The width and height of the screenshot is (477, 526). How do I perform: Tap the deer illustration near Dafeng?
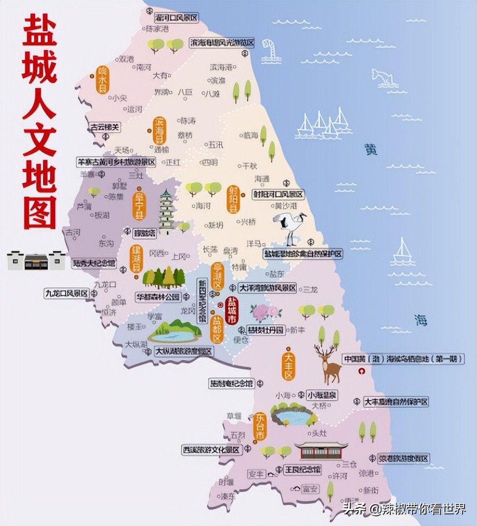[328, 364]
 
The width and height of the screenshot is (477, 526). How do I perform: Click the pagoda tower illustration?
[166, 212]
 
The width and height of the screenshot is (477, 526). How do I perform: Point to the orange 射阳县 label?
[234, 198]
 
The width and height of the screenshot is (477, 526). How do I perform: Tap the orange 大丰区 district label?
[288, 366]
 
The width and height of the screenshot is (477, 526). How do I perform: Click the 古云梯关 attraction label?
[104, 127]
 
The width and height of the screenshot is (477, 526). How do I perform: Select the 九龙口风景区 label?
[66, 293]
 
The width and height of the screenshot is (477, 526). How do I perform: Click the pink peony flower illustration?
[265, 312]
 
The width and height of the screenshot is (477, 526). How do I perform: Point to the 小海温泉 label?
[321, 395]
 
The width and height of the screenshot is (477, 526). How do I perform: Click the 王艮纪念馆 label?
[302, 469]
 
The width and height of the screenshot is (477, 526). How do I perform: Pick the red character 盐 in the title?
[39, 33]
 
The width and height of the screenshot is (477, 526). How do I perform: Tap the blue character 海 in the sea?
[421, 320]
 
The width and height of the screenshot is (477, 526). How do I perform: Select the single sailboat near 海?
[403, 252]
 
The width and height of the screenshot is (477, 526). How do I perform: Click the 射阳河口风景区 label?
[278, 194]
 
